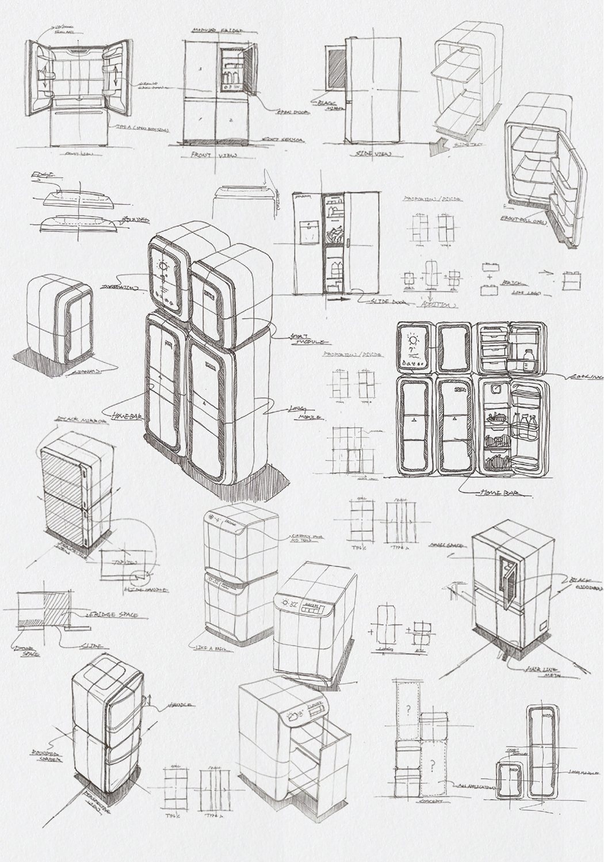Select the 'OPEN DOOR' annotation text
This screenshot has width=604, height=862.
click(x=290, y=113)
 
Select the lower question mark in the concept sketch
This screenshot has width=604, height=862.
click(x=430, y=764)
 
